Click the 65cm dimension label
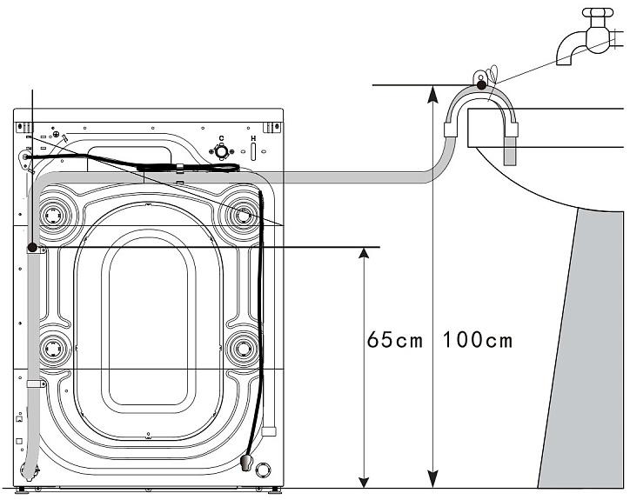pyautogui.click(x=395, y=340)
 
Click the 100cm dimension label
pyautogui.click(x=478, y=340)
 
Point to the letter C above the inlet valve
pyautogui.click(x=221, y=138)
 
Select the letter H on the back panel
pyautogui.click(x=253, y=138)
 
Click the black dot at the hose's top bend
pyautogui.click(x=481, y=85)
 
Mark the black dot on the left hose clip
pyautogui.click(x=32, y=247)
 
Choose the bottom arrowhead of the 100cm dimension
pyautogui.click(x=432, y=480)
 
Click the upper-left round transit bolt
pyautogui.click(x=52, y=216)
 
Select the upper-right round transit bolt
pyautogui.click(x=243, y=216)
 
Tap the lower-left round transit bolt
pyautogui.click(x=52, y=349)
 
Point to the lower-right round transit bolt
pyautogui.click(x=243, y=349)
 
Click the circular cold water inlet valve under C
pyautogui.click(x=221, y=152)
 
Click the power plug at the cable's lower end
pyautogui.click(x=246, y=463)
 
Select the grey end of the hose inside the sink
pyautogui.click(x=509, y=150)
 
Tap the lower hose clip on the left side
pyautogui.click(x=36, y=384)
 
